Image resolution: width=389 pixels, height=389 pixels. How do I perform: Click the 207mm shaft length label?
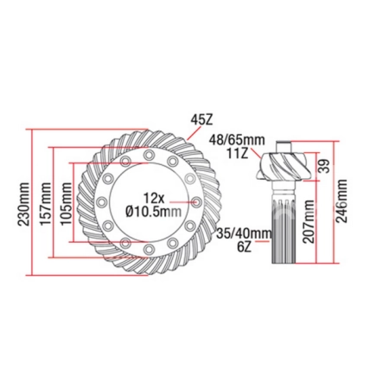point(309,226)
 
